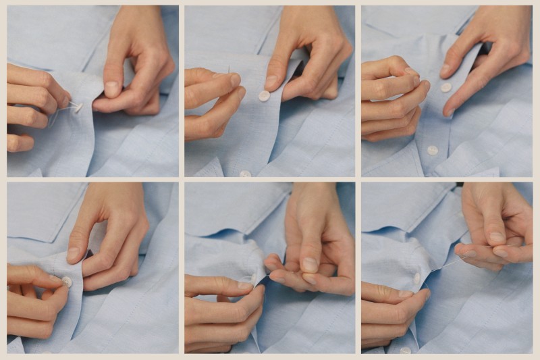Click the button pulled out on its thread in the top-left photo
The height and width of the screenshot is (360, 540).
click(78, 107)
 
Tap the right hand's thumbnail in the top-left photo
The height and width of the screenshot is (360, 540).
click(112, 88)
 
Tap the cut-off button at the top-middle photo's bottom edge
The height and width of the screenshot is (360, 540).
click(245, 174)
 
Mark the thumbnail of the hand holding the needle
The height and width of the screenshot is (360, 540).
click(234, 80)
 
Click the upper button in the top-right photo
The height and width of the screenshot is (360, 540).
click(446, 87)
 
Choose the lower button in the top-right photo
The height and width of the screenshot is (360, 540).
click(433, 150)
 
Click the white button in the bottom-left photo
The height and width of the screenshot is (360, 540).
click(67, 281)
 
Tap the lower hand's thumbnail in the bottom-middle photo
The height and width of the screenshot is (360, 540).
click(259, 289)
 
